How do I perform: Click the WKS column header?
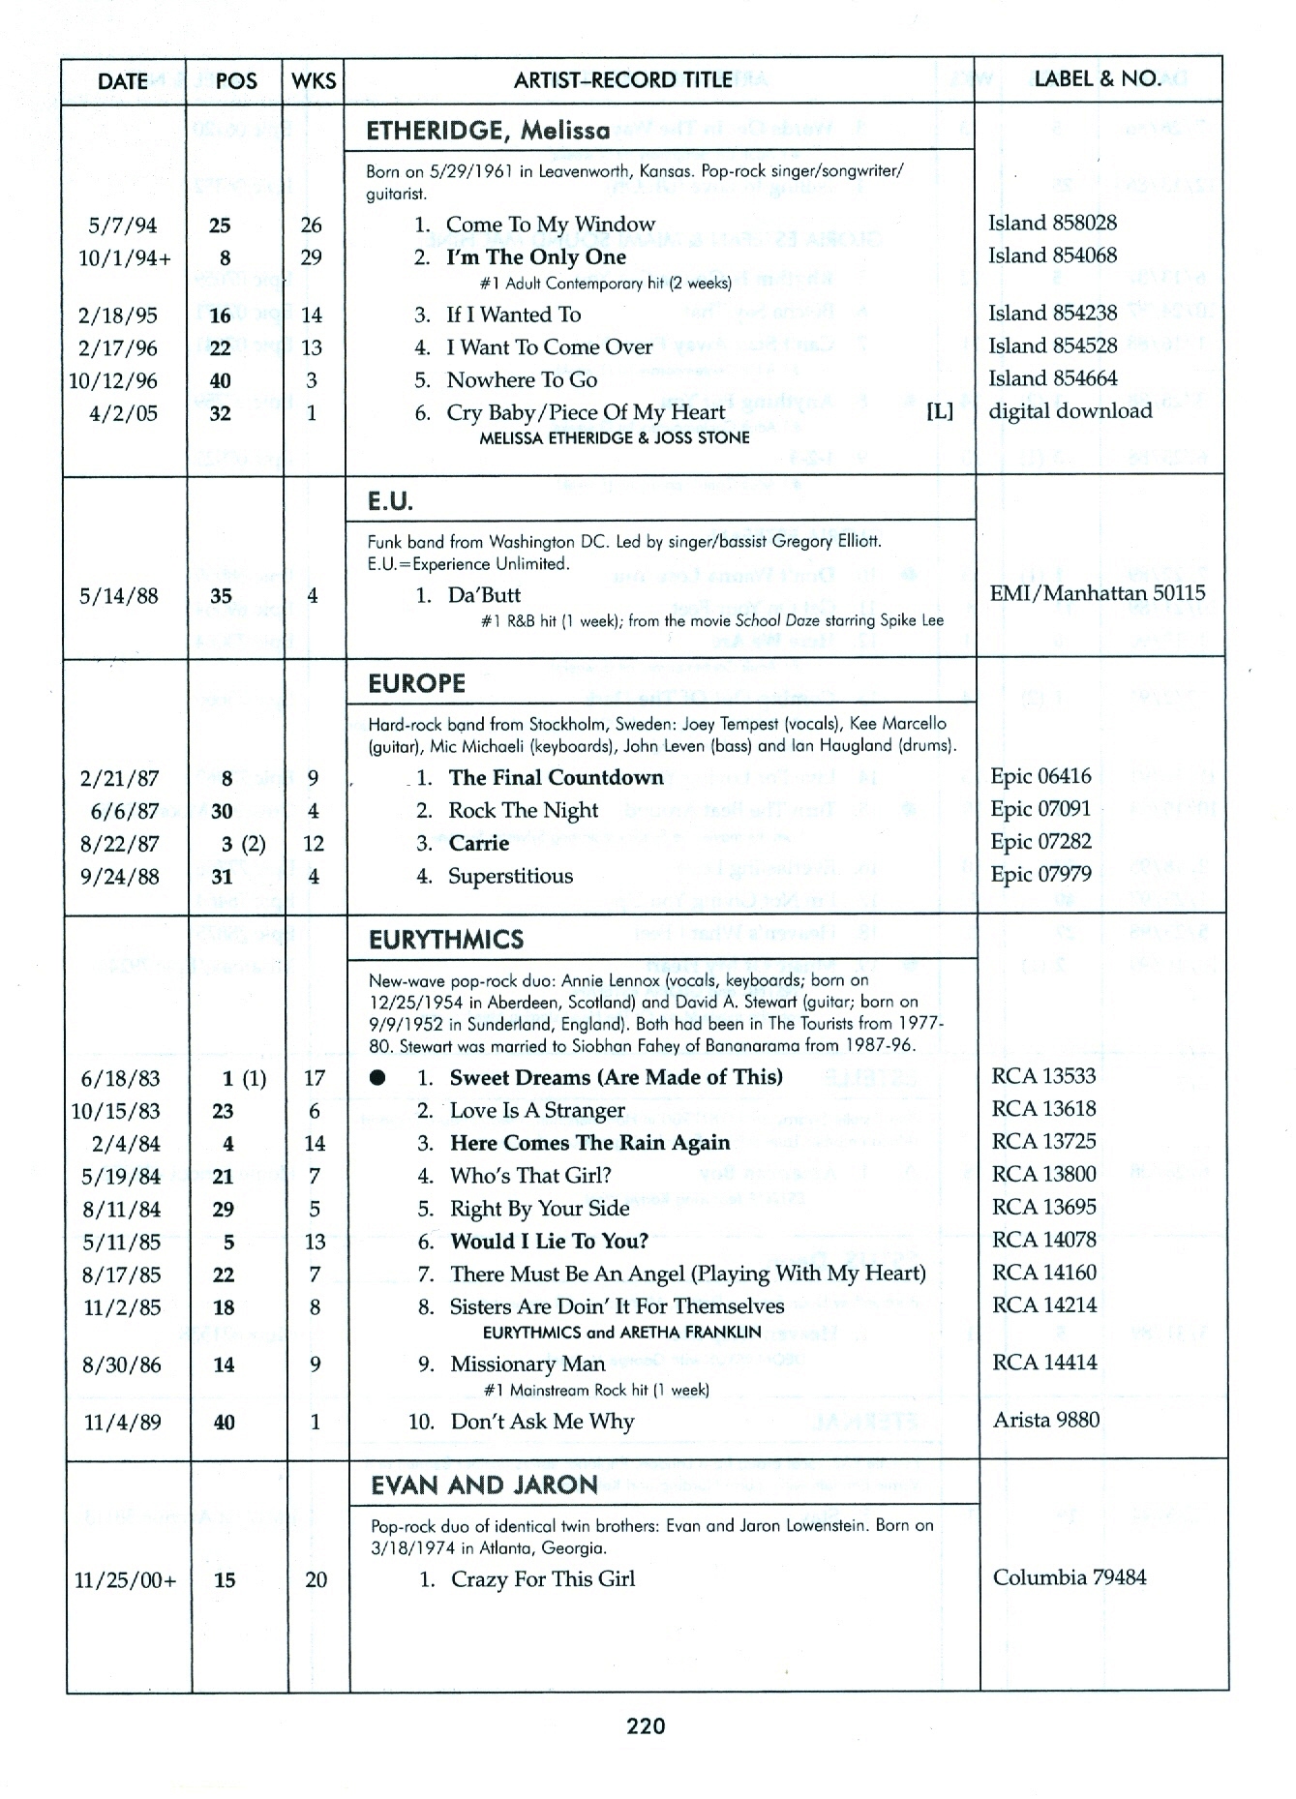314,80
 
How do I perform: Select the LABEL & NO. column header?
1097,79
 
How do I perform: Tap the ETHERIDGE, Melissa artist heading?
488,131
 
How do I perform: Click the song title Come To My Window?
550,225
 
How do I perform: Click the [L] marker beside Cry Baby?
939,411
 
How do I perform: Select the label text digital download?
1070,410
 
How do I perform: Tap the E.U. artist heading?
390,501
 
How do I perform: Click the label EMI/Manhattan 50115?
1097,593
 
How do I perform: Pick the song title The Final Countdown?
556,777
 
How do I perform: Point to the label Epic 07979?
1040,874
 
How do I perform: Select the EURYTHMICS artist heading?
446,940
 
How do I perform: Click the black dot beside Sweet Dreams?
377,1078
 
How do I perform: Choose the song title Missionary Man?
527,1364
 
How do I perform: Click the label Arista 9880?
1045,1420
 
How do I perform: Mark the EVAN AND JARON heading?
484,1485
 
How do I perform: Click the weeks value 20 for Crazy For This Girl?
316,1580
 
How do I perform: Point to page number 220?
646,1725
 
